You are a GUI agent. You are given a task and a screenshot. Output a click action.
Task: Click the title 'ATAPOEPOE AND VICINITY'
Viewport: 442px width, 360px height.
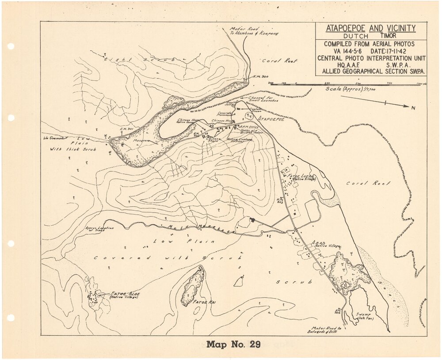coord(370,29)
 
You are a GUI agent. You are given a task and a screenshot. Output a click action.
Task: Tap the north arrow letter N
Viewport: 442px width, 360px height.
coord(413,108)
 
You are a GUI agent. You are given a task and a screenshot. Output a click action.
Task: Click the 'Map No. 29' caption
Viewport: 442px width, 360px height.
coord(233,344)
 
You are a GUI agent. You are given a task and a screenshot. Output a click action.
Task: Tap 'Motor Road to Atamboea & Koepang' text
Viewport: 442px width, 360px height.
coord(254,31)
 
